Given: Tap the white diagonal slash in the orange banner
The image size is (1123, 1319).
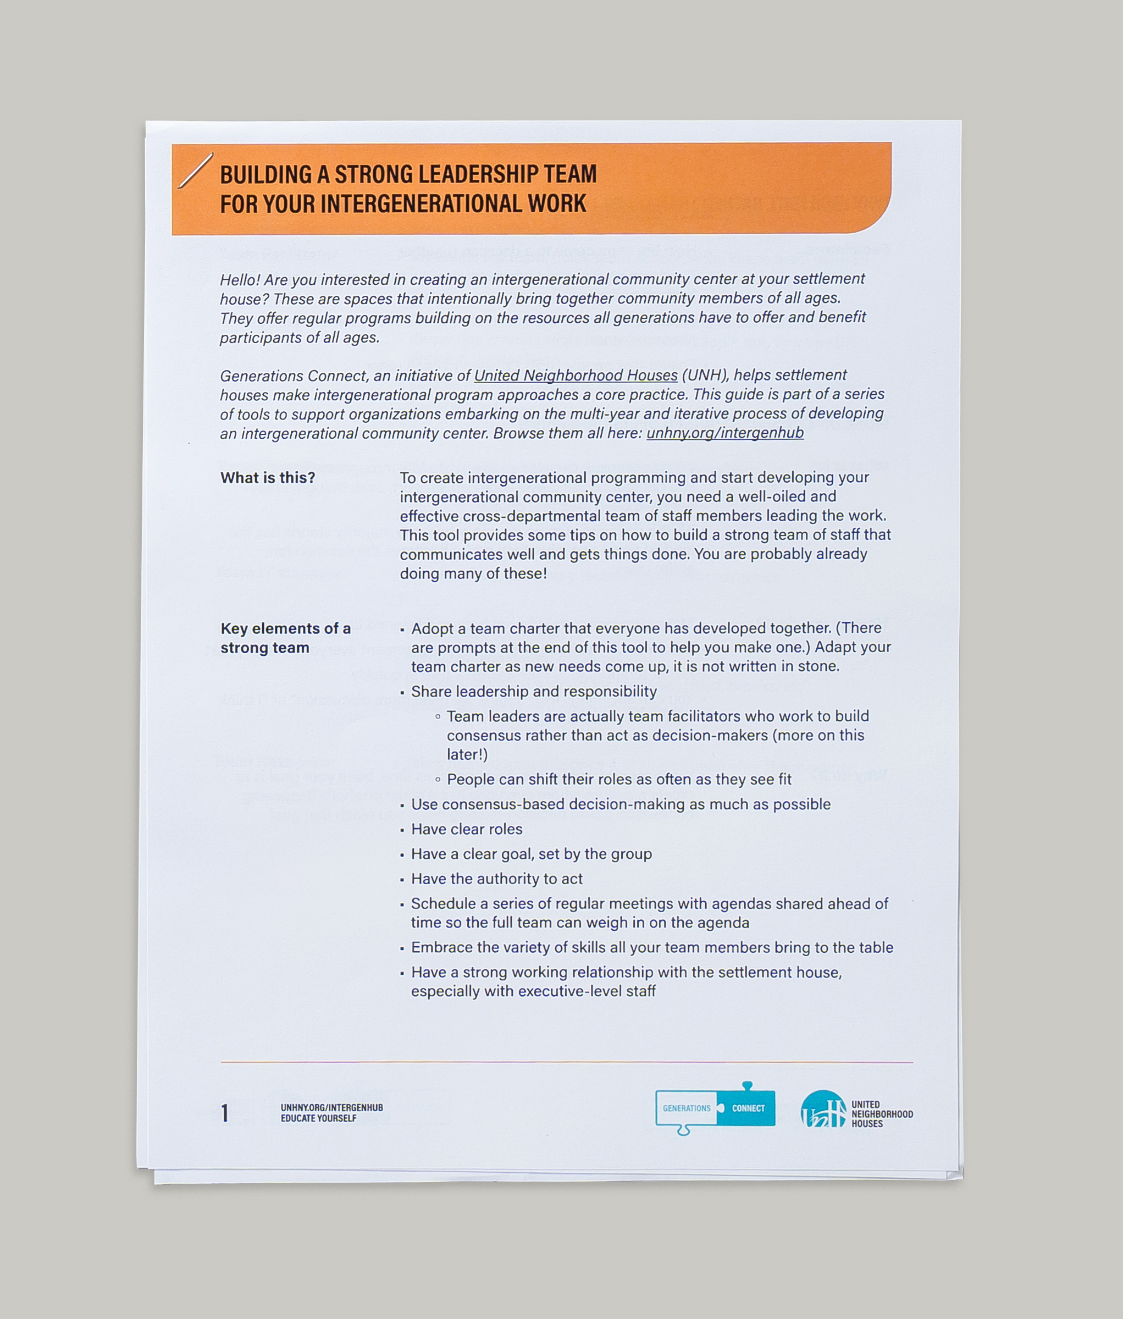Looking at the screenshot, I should (195, 170).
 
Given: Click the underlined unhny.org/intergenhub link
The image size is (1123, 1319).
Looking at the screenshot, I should (724, 433).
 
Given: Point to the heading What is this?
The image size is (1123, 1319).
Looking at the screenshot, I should (267, 477).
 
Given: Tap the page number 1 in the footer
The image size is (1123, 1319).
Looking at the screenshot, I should (225, 1113).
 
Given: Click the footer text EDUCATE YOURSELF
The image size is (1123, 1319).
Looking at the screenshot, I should (318, 1118).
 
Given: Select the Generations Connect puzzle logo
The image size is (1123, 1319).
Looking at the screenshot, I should (715, 1108).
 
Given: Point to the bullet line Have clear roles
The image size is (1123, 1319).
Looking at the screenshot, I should (466, 829).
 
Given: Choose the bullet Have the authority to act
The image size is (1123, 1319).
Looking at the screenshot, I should (496, 879).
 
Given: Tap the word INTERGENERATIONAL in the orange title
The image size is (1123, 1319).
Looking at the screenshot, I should (421, 204).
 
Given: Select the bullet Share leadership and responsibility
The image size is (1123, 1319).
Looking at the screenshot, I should (533, 691).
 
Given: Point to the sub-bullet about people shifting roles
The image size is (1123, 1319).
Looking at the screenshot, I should (618, 779).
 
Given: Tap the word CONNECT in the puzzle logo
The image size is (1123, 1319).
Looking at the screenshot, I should (748, 1108).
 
